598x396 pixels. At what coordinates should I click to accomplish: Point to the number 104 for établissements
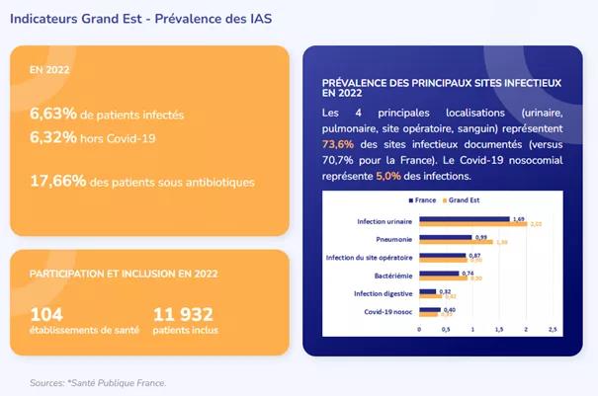point(47,314)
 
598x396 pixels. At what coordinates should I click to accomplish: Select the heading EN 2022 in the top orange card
point(51,71)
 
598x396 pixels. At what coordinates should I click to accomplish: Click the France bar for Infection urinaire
point(464,218)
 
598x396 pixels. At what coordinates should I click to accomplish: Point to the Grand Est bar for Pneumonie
point(458,242)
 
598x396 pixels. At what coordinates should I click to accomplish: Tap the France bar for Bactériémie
point(439,274)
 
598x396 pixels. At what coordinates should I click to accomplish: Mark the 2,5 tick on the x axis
point(552,329)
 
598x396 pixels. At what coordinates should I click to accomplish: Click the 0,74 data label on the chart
point(468,273)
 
